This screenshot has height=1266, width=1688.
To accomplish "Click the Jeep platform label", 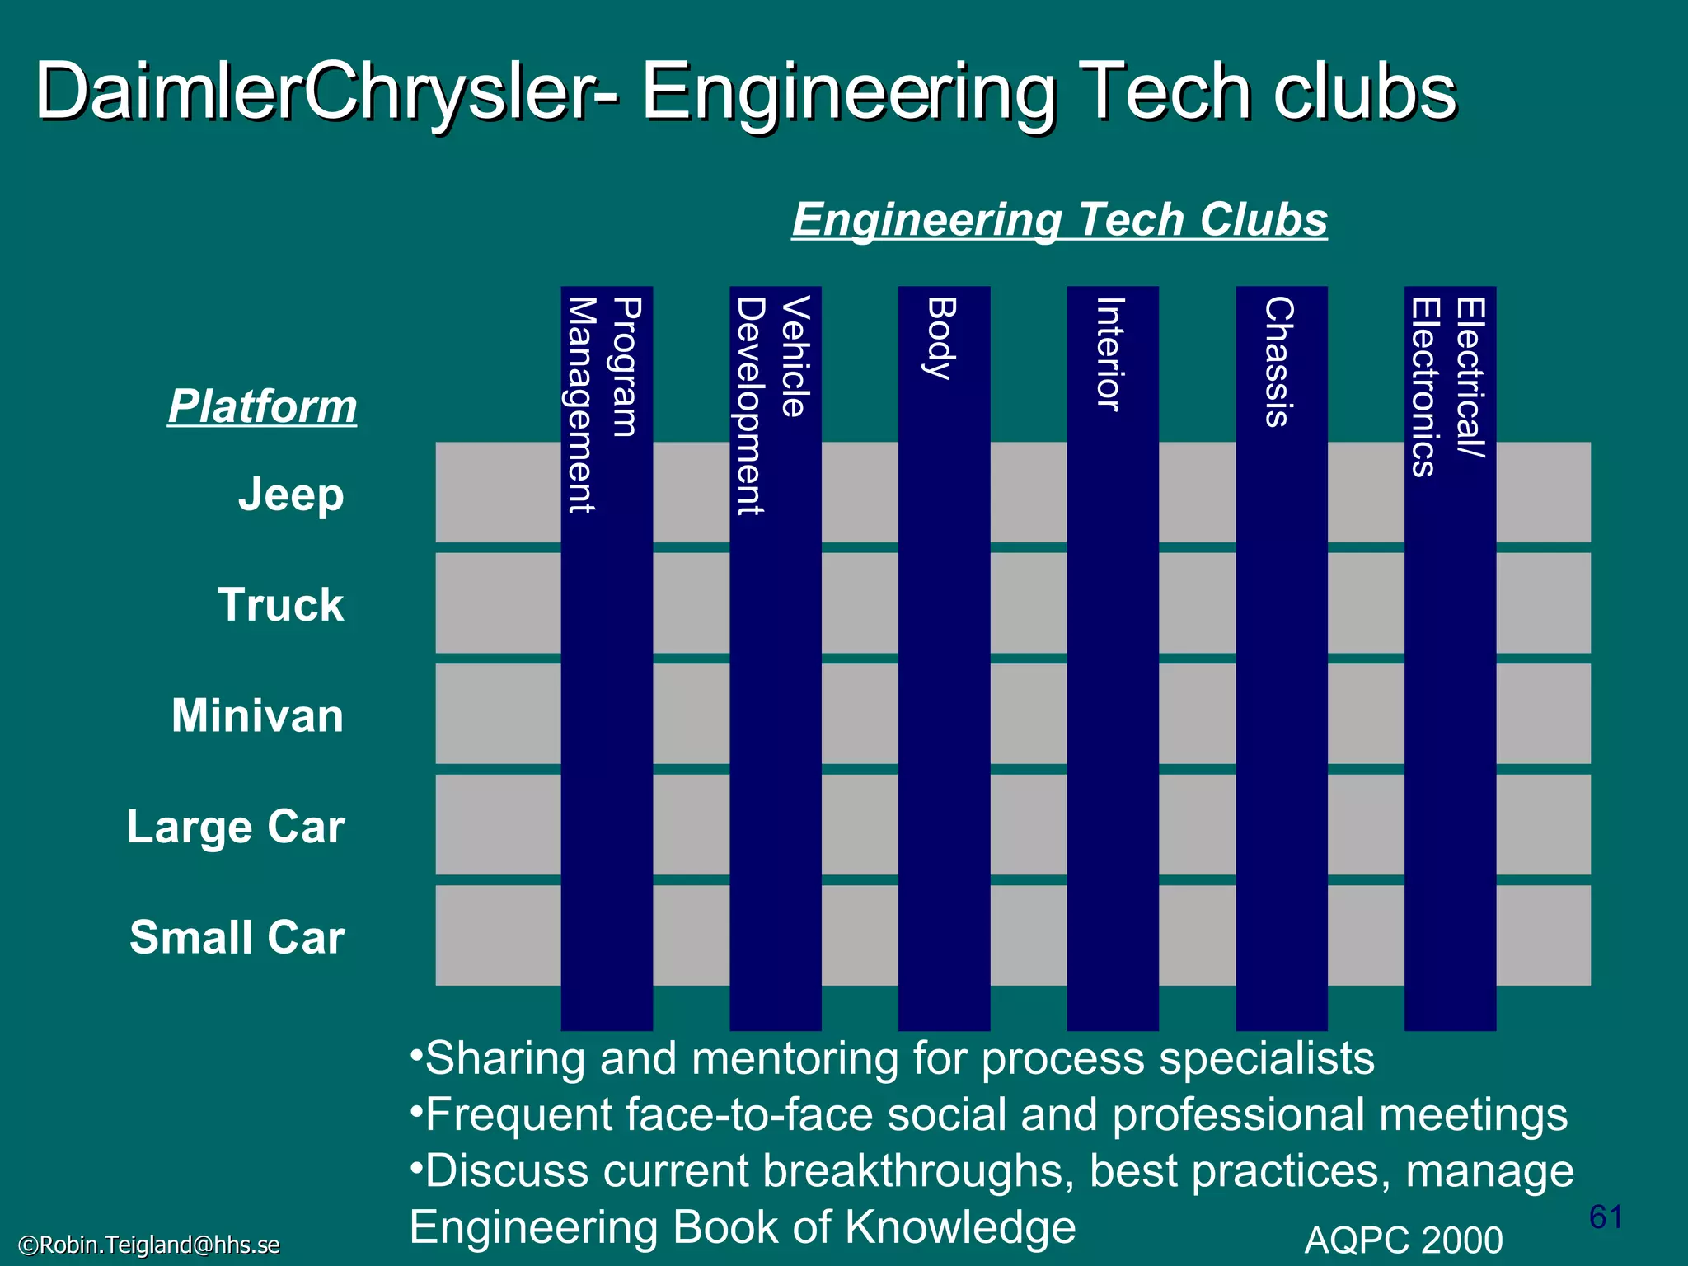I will coord(291,495).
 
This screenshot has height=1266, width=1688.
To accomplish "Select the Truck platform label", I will coord(281,605).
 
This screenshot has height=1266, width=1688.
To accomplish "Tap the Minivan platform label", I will coord(257,715).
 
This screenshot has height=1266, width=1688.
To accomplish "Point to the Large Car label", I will coord(236,827).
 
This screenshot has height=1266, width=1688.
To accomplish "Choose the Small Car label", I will coord(237,937).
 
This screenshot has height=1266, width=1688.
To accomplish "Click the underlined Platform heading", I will coord(262,406).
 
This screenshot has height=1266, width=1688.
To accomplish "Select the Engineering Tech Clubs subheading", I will coord(1059,220).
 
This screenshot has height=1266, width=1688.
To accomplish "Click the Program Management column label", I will coord(604,404).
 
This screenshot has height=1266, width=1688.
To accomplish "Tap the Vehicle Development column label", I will coord(773,404).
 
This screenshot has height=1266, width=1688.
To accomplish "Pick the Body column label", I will coord(941,338).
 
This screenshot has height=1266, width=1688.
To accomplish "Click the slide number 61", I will coord(1606,1217).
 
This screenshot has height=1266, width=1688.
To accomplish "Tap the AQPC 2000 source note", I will coord(1404,1240).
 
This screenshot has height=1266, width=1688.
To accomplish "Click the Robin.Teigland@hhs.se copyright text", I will coord(149,1245).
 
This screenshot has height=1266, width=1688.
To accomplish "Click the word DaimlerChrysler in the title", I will coord(313,92).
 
